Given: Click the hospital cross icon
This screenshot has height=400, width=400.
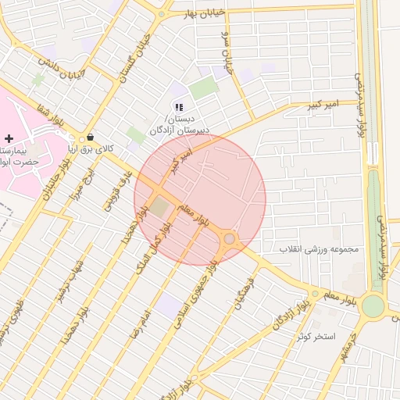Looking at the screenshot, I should click(x=9, y=137).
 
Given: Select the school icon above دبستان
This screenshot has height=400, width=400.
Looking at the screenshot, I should click(x=179, y=107).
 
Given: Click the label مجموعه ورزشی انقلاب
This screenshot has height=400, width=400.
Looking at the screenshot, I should click(x=319, y=249).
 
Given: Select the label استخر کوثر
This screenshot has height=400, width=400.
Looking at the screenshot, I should click(x=315, y=336).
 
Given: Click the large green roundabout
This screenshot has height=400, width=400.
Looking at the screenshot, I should click(x=373, y=305).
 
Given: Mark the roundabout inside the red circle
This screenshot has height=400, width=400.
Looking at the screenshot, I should click(x=230, y=238).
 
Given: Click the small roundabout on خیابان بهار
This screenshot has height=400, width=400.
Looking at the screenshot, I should click(x=162, y=14).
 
